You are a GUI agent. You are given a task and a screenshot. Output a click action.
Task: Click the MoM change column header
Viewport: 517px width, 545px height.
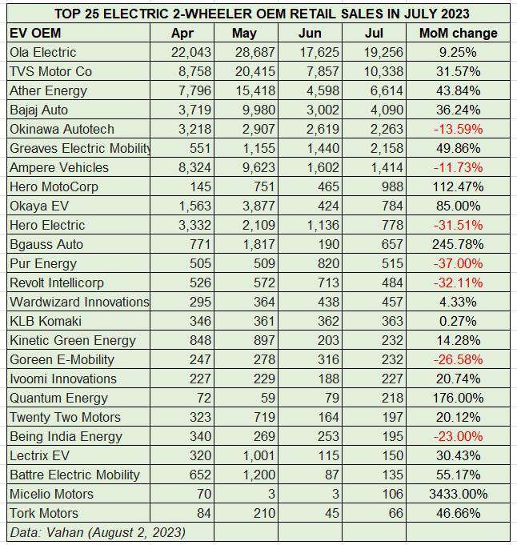pos(459,33)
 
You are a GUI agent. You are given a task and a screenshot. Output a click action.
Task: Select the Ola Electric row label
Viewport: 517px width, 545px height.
pos(42,52)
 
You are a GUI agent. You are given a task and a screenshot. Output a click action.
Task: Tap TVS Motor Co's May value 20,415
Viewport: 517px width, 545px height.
pos(254,71)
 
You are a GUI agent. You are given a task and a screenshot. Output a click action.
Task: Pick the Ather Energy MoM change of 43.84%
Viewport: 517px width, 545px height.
pos(459,90)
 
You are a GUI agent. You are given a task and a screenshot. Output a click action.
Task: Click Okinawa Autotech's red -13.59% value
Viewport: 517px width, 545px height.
pos(459,130)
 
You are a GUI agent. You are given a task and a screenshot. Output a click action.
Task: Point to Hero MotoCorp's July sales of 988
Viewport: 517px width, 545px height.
pos(392,186)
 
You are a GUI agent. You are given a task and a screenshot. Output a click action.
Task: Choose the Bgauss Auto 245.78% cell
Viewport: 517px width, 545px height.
pos(459,244)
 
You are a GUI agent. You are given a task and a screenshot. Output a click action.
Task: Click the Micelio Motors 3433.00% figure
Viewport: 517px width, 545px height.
pos(459,494)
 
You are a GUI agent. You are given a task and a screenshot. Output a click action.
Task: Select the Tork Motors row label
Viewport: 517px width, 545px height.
pos(44,513)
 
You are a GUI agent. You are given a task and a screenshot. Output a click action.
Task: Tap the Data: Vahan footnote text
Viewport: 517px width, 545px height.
pos(98,532)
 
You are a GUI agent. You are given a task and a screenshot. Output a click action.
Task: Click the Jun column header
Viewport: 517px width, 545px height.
pos(310,33)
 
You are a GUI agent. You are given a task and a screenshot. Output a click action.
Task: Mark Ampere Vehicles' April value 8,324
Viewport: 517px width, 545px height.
pos(194,167)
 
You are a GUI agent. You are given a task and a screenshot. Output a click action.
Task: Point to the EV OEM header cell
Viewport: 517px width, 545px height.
pos(35,33)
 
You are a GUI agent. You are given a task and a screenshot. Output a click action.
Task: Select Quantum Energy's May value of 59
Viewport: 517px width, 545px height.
pos(268,398)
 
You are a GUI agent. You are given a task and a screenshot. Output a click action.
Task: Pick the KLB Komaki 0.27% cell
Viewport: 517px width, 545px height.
pos(459,321)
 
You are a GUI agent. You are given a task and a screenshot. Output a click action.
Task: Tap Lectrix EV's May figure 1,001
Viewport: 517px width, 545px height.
pos(258,455)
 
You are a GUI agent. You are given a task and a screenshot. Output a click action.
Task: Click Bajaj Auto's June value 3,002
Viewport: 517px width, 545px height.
pos(323,110)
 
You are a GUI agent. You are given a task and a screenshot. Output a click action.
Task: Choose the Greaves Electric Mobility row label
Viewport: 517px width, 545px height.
pos(80,148)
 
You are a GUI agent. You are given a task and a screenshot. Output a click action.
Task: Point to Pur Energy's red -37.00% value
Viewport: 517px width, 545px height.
pos(459,263)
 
